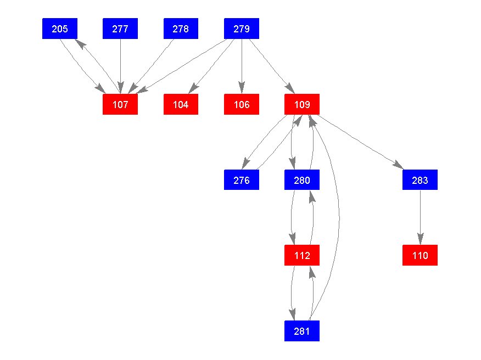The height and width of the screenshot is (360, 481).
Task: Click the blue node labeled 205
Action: point(60,29)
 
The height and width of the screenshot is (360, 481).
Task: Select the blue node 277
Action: point(120,29)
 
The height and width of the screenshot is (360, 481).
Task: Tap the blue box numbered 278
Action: point(181,29)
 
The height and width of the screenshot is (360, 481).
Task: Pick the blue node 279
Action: point(242,29)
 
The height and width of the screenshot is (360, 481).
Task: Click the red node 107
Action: point(120,104)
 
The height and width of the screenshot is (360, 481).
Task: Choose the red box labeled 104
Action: point(181,104)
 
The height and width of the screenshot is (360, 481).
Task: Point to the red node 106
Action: point(242,104)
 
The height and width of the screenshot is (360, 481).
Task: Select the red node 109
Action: point(302,104)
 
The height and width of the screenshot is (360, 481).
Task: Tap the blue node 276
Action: point(242,179)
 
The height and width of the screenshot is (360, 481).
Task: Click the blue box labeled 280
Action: point(302,179)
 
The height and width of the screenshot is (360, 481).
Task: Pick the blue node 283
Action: point(420,179)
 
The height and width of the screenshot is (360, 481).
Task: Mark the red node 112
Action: point(302,255)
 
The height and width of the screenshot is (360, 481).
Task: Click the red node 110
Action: point(420,255)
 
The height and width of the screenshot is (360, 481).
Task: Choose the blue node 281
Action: point(302,331)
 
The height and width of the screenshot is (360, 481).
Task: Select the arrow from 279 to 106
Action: point(242,66)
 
